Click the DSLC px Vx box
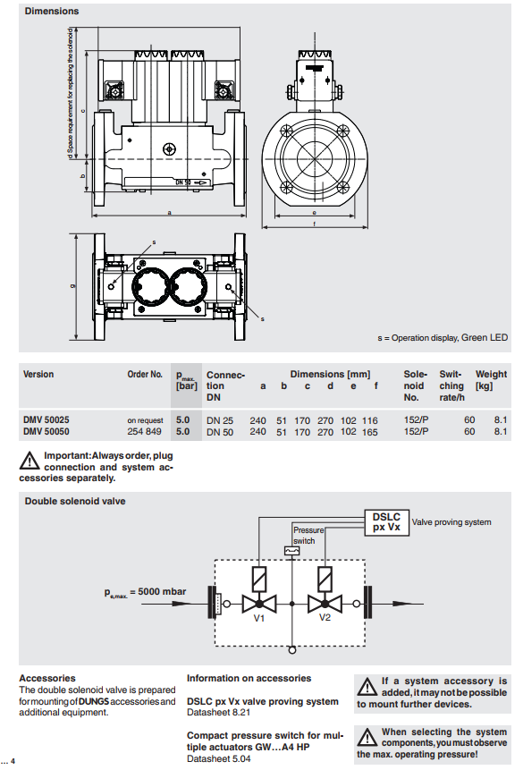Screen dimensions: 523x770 pos(387,522)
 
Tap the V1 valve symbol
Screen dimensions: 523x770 pos(259,604)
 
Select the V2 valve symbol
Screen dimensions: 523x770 pos(325,604)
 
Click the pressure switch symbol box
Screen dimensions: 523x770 pos(291,551)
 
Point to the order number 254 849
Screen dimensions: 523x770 pos(144,432)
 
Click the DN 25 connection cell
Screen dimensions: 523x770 pos(220,420)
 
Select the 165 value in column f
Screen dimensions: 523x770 pos(370,432)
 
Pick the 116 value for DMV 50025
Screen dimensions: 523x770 pos(370,420)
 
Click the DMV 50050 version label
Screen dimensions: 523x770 pos(46,432)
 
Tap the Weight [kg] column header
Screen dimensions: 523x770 pos(491,379)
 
